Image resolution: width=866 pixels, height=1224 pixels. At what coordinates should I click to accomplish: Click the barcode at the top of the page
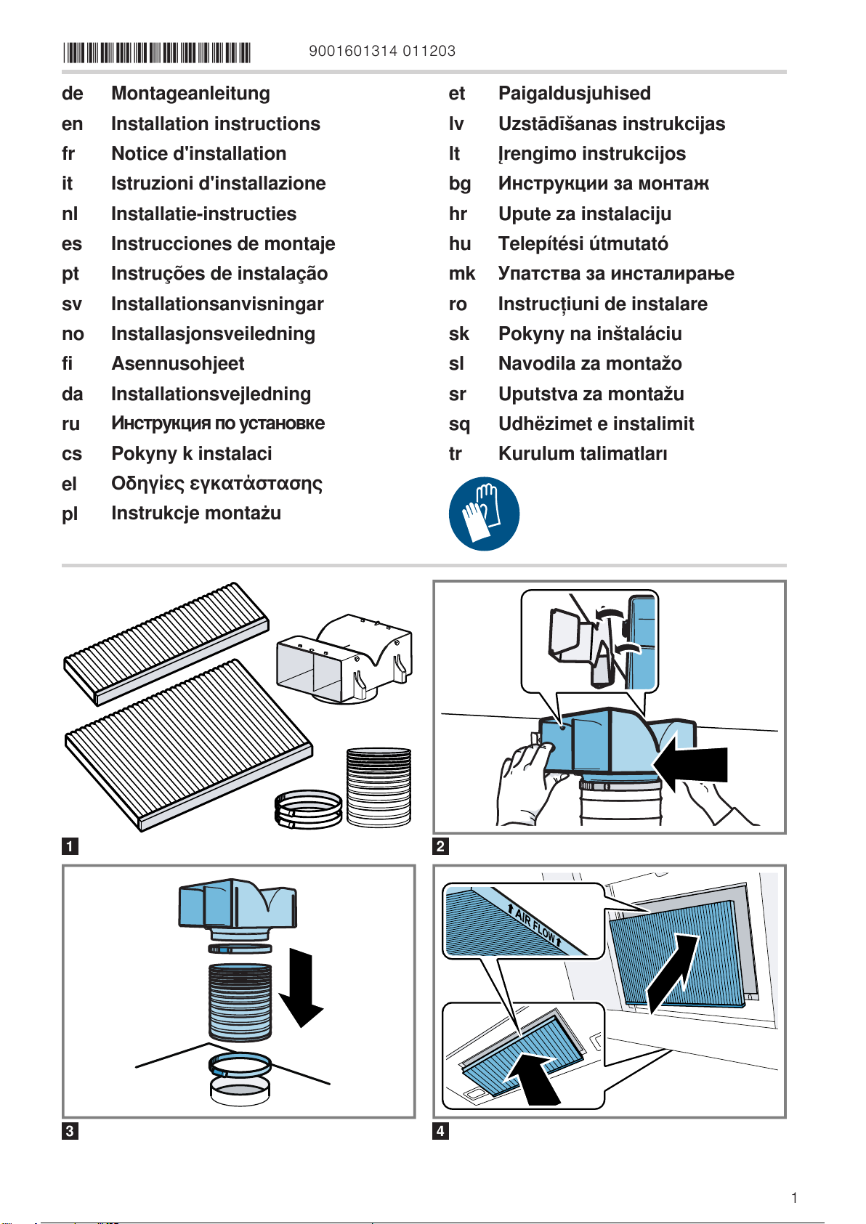(157, 52)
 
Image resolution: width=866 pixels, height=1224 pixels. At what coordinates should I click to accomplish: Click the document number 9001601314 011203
(382, 51)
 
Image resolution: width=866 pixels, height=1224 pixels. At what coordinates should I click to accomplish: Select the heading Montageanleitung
(190, 94)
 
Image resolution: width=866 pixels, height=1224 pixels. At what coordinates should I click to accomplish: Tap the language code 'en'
(72, 124)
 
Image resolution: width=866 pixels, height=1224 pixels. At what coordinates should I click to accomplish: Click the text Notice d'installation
(198, 154)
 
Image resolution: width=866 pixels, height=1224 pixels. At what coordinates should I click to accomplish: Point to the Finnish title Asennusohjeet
(177, 364)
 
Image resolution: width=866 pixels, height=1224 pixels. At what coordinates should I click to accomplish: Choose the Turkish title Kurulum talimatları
(583, 454)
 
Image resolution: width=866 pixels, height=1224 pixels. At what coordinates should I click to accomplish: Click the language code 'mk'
(461, 274)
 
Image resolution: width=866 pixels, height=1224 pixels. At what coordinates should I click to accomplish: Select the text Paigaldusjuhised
(574, 94)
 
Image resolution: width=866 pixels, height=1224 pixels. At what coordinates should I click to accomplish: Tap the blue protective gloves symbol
(484, 514)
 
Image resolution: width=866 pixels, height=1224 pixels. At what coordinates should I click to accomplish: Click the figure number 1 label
(70, 846)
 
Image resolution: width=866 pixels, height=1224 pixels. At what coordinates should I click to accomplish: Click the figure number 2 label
(440, 846)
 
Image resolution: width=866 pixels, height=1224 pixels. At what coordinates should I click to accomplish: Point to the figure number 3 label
(70, 1131)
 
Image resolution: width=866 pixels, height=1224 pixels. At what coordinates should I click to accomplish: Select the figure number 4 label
(440, 1131)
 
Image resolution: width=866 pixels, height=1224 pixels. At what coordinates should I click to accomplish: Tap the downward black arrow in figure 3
(300, 988)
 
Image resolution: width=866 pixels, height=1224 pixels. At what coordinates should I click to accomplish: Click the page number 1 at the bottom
(795, 1198)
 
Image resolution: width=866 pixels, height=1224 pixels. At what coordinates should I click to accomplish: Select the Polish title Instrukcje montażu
(196, 514)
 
